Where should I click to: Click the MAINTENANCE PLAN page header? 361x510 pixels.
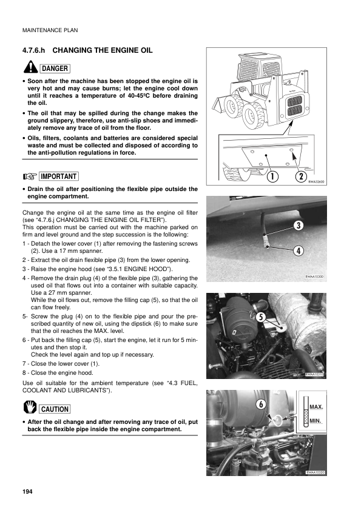[50, 30]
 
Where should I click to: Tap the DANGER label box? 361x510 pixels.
[55, 68]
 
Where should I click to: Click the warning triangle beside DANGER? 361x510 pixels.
[29, 67]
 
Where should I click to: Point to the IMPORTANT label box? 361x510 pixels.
[59, 176]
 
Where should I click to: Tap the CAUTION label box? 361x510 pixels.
[55, 409]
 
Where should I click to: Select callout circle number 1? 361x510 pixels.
[271, 176]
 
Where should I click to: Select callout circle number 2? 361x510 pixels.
[300, 176]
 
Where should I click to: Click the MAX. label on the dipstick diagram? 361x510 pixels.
[316, 406]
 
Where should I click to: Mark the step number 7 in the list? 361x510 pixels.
[24, 364]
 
